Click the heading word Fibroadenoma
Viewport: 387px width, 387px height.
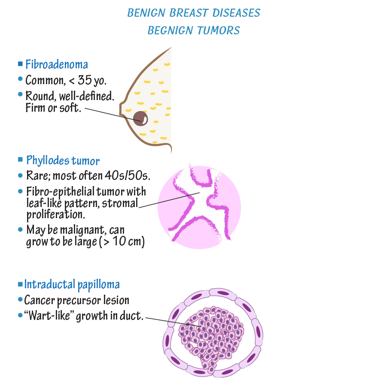(x=57, y=65)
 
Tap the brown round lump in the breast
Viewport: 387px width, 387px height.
(x=139, y=118)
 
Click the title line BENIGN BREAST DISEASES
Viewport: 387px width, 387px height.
(x=194, y=13)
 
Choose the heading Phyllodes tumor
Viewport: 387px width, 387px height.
(x=63, y=161)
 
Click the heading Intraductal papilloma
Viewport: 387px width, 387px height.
(x=72, y=284)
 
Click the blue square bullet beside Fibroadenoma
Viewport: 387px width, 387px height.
(x=20, y=64)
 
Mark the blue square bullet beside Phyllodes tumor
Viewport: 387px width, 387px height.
(x=21, y=160)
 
